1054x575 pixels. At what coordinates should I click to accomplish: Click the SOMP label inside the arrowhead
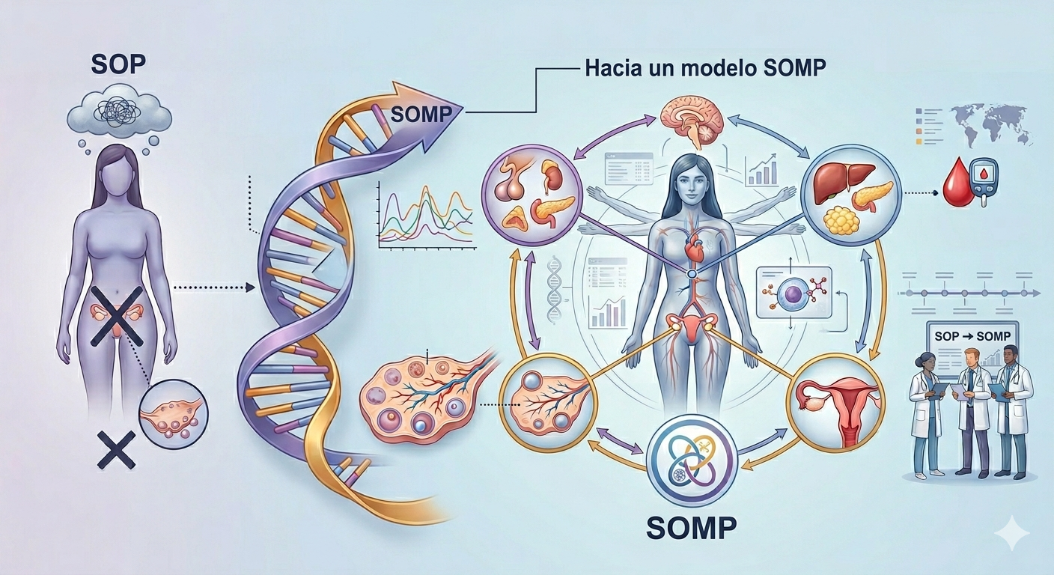(421, 115)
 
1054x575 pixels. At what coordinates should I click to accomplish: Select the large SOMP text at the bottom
(691, 528)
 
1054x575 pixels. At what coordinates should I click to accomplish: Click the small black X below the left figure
(116, 449)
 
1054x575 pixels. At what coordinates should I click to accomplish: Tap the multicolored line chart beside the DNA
(425, 217)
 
